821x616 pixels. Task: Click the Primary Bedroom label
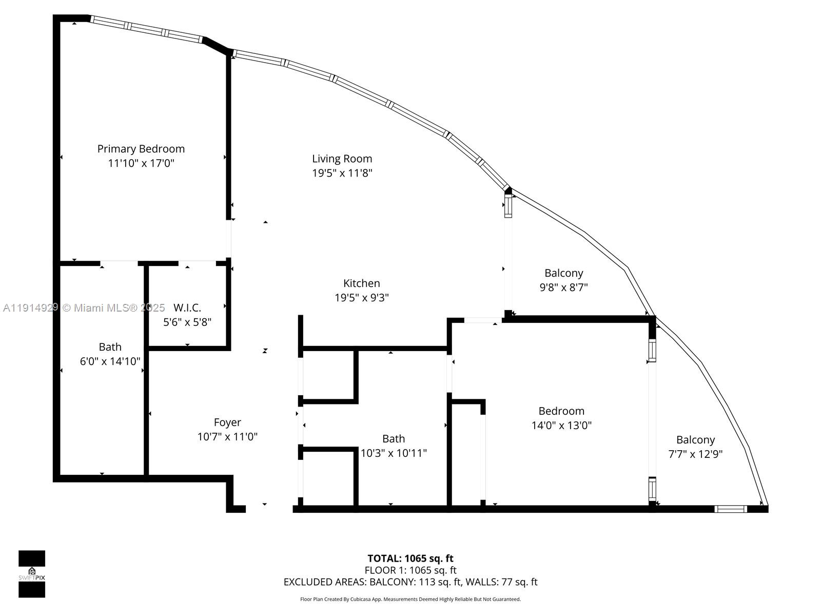pos(141,149)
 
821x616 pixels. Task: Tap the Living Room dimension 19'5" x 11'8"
pos(342,173)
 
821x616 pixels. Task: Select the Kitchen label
pos(361,283)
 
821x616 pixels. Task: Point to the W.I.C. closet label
pos(187,308)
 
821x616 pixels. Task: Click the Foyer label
pos(227,422)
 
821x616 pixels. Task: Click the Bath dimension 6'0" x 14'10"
pos(110,361)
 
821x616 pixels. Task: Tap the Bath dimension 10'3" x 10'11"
pos(394,453)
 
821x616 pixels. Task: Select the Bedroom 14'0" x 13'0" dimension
pos(561,426)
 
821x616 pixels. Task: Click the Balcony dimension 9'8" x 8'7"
pos(563,287)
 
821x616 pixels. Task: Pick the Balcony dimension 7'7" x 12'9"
pos(695,454)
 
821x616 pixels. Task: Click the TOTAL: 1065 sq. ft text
pos(410,559)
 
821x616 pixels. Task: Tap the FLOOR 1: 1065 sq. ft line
pos(410,570)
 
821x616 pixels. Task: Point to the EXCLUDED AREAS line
pos(410,582)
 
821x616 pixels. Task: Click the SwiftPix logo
pos(32,574)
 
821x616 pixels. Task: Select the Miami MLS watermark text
pos(84,308)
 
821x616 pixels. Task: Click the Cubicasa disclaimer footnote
pos(410,599)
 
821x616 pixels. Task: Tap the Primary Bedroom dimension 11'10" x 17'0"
pos(141,163)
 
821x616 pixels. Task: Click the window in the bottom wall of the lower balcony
pos(731,509)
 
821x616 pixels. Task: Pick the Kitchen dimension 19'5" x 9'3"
pos(361,298)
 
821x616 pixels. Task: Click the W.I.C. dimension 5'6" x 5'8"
pos(187,322)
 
